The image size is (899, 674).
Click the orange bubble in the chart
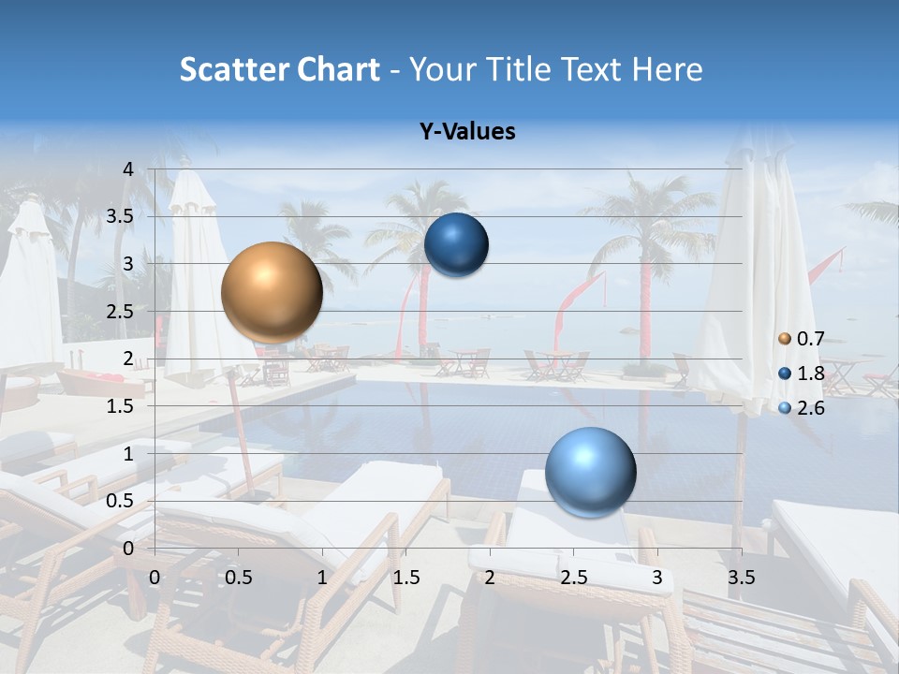(273, 292)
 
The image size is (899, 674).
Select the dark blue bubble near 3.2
(457, 245)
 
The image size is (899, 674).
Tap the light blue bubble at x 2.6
(590, 472)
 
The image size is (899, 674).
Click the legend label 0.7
(811, 339)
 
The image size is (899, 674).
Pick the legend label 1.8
(811, 374)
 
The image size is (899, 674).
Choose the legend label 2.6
(811, 408)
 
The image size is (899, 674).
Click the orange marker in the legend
(785, 339)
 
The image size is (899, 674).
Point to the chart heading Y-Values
(466, 132)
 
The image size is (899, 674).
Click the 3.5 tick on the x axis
(742, 578)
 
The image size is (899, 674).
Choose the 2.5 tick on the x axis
(574, 578)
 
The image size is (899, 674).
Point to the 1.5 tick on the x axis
(406, 578)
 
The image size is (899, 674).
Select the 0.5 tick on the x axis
(239, 578)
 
